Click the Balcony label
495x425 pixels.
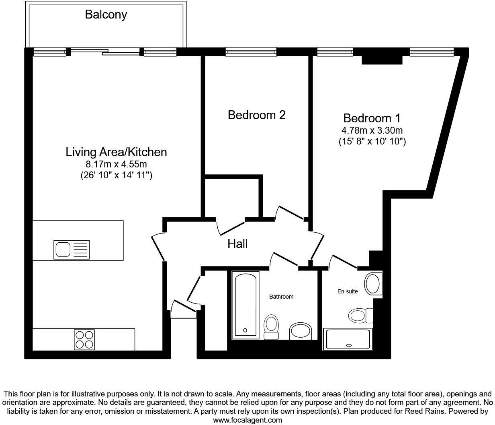point(106,15)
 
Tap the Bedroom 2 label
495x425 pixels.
point(256,115)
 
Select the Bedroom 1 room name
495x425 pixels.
point(372,118)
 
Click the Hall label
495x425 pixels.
point(237,244)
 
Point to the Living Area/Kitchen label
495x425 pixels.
point(116,152)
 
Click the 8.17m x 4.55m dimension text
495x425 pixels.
point(116,165)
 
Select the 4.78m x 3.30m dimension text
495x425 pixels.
point(372,130)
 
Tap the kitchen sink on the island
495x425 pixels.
point(72,250)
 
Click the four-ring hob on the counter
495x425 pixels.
point(84,339)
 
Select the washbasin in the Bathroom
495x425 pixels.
point(300,330)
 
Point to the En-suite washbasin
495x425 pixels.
point(373,284)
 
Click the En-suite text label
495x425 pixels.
point(347,291)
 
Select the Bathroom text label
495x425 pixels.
point(281,297)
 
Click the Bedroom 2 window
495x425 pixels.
point(251,52)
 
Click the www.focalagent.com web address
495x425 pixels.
point(247,420)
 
